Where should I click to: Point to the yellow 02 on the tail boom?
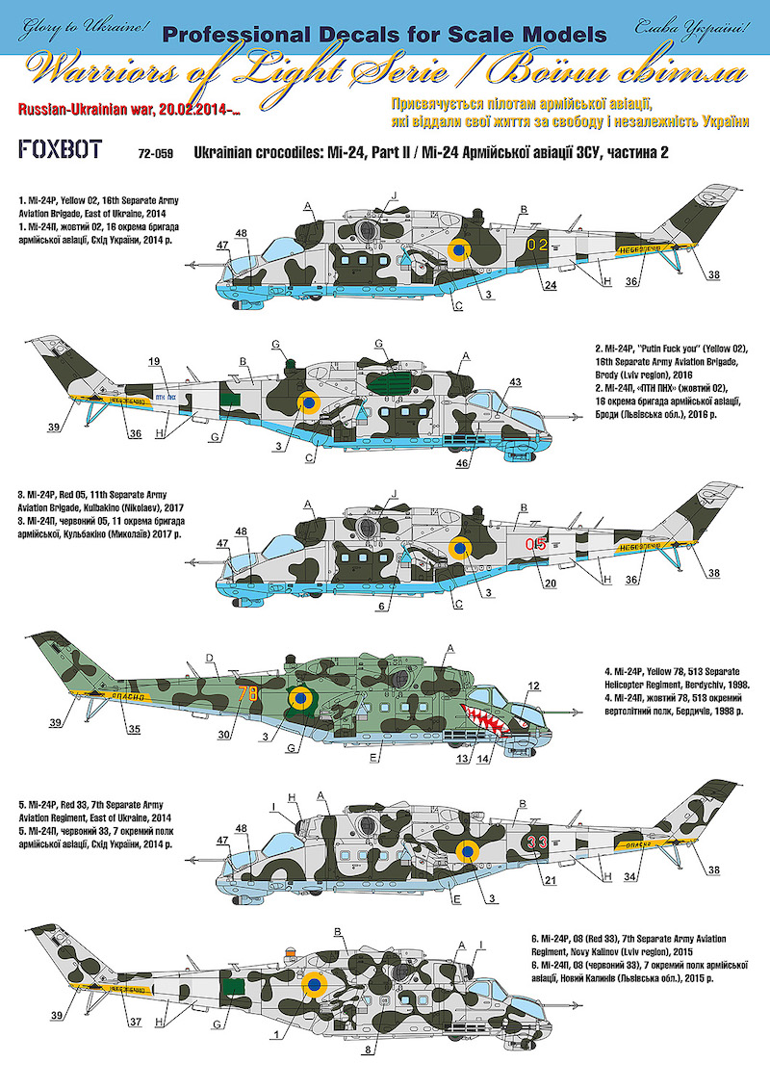(x=537, y=245)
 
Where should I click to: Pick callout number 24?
(x=550, y=286)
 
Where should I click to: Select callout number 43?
(x=515, y=382)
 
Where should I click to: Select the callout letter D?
(x=209, y=660)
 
